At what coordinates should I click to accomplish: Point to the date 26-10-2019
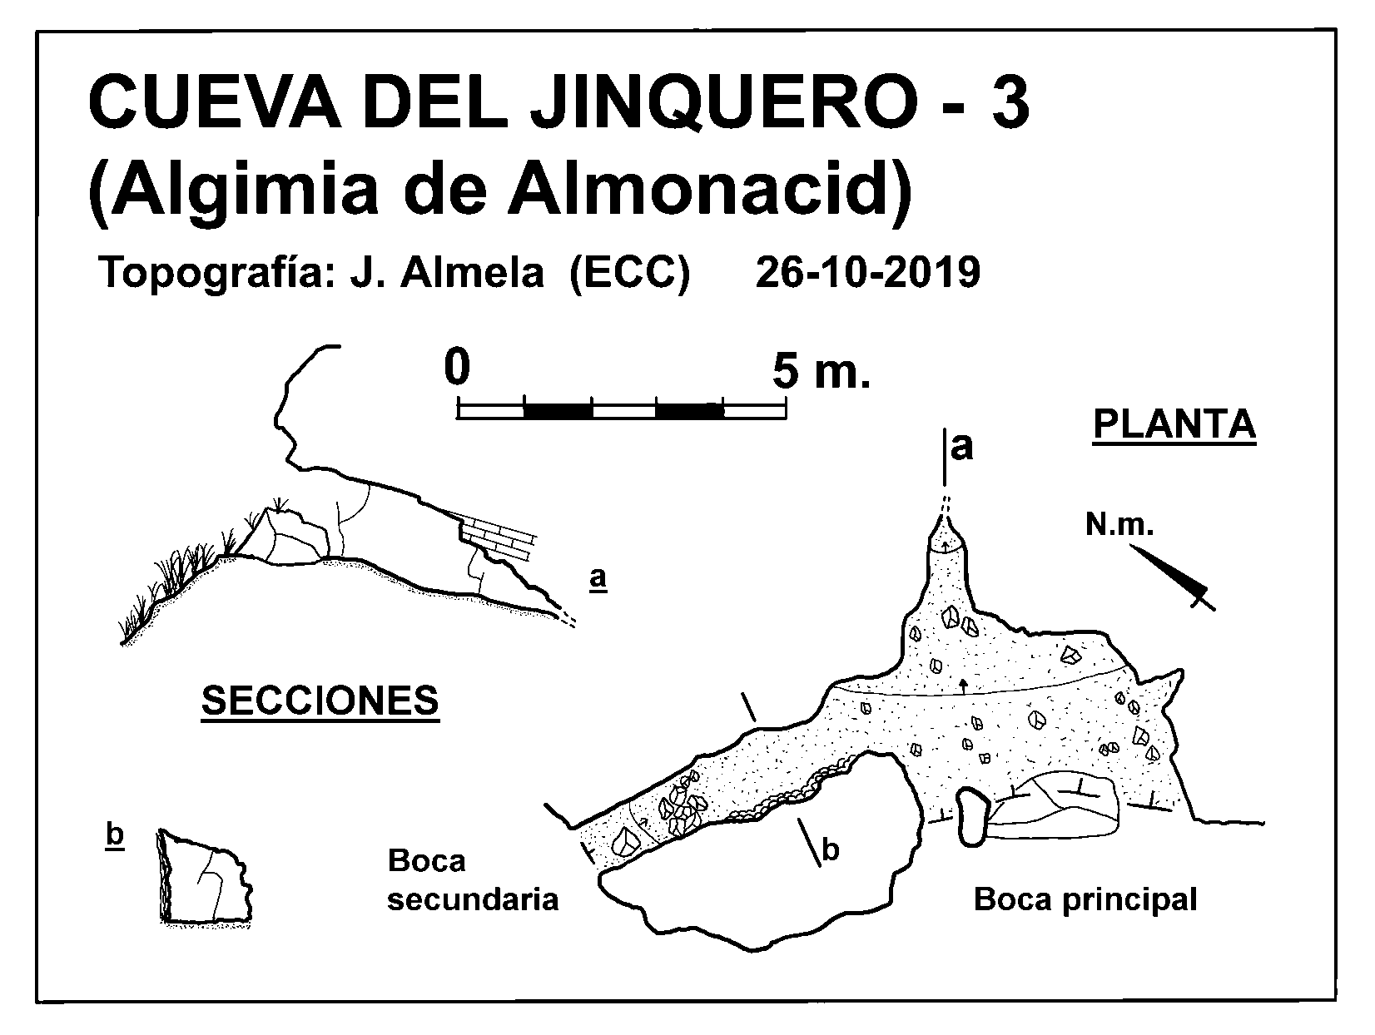867,273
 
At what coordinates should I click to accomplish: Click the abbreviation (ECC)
629,274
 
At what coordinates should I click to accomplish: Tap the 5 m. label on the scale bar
822,370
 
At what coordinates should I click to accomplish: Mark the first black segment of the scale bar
558,411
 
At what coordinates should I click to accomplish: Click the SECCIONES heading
320,701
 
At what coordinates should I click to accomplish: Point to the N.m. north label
1119,525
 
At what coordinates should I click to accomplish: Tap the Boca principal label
1085,900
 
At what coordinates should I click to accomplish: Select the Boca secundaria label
473,880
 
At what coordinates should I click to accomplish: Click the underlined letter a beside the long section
598,577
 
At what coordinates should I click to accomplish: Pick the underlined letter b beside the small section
115,836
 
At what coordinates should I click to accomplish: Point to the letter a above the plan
961,448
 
